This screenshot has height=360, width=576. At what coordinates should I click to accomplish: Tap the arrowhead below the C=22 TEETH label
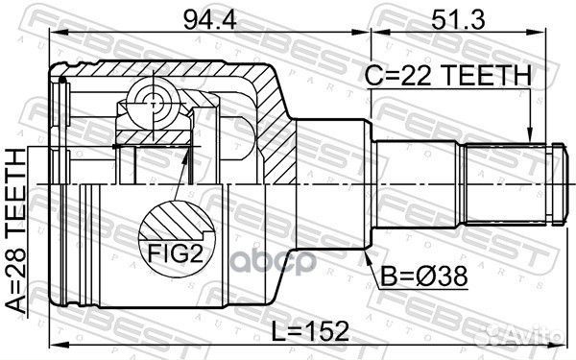tap(530, 136)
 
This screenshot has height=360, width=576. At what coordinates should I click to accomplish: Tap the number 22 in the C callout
tap(425, 74)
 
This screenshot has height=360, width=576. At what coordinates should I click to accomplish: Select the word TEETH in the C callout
tap(490, 74)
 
